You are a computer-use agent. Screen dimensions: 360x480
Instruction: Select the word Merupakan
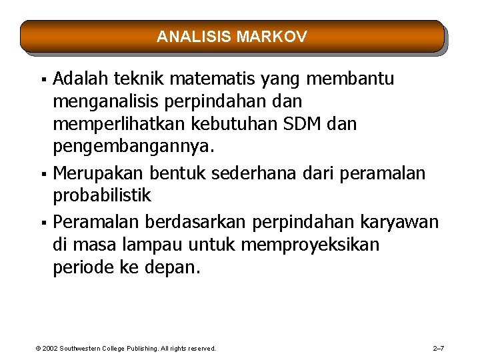pyautogui.click(x=98, y=173)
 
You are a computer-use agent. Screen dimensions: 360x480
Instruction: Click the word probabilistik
pyautogui.click(x=102, y=196)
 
